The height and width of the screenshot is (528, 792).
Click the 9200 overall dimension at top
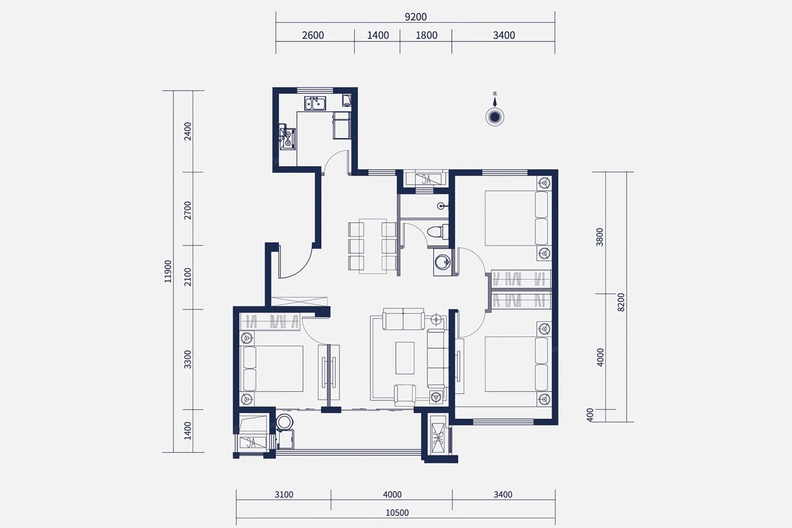(415, 17)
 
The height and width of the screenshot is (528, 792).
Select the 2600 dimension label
(313, 35)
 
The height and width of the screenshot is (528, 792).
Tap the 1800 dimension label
(427, 35)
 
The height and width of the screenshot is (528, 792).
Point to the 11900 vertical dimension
(168, 271)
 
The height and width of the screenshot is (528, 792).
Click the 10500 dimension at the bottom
(397, 513)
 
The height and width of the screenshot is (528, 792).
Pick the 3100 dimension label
(284, 495)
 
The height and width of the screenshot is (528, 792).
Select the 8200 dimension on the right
(621, 302)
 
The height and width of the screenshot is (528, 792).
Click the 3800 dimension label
(600, 237)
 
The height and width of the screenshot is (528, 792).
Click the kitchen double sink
(315, 103)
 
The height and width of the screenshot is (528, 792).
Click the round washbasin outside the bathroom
(442, 262)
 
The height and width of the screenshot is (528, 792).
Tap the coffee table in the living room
(405, 358)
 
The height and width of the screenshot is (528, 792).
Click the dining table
(372, 246)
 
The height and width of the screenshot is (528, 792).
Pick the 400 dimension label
(589, 415)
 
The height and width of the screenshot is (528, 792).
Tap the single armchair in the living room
(405, 395)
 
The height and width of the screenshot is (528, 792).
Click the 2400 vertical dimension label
(188, 131)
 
